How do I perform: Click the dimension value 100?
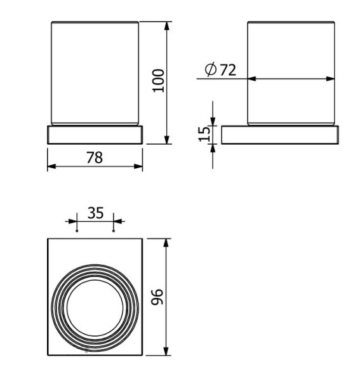click(x=159, y=81)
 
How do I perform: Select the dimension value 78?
click(x=95, y=157)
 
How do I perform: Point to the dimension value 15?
click(x=204, y=134)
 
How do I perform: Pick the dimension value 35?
click(x=95, y=213)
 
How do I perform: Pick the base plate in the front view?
click(x=95, y=135)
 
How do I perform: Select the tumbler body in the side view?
click(x=291, y=51)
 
